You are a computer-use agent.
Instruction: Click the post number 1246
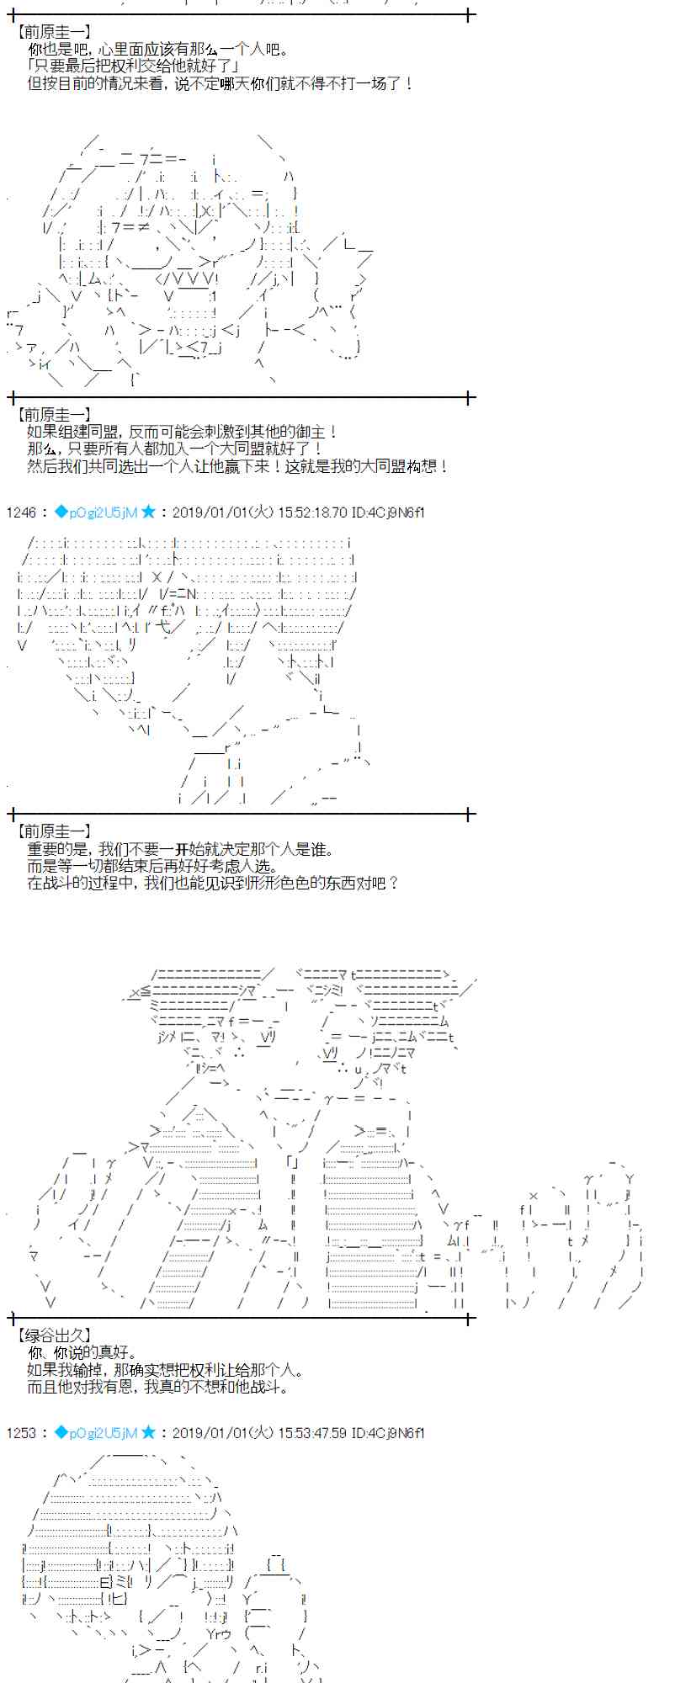coord(20,512)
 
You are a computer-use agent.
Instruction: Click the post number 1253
coord(20,1433)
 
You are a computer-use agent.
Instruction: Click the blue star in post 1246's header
coord(148,512)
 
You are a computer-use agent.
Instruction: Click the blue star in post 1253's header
coord(148,1432)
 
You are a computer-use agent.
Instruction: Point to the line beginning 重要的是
coord(181,849)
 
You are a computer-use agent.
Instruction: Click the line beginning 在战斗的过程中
coord(212,883)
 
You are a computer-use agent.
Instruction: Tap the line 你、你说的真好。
coord(82,1352)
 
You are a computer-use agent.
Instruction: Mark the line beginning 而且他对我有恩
coord(157,1386)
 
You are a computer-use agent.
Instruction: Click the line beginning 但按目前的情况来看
coord(221,83)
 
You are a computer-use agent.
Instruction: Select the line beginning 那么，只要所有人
coord(175,449)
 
